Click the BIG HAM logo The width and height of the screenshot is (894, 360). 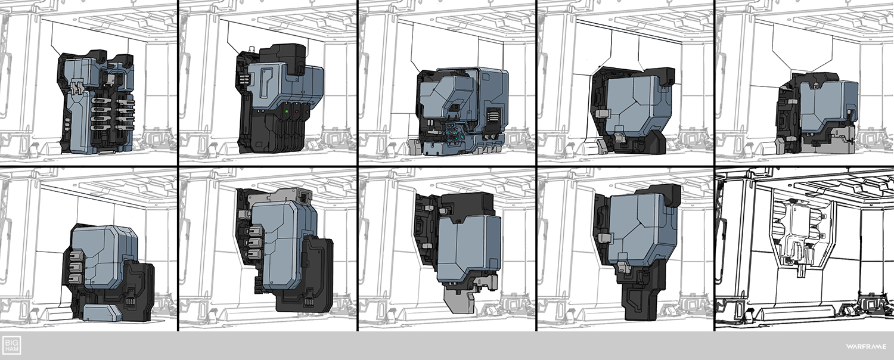click(11, 346)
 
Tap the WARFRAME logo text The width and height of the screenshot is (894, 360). click(865, 346)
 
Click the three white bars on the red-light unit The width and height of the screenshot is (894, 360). click(243, 80)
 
